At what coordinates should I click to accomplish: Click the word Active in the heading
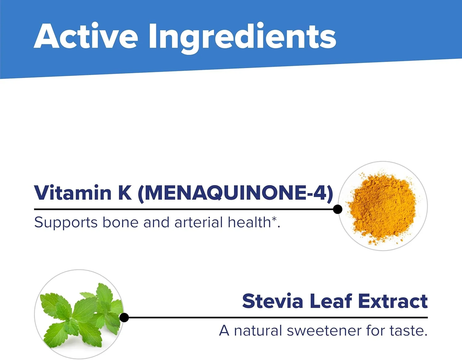click(x=86, y=36)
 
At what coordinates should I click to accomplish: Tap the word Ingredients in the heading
click(x=242, y=38)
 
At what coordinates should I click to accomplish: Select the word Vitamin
click(x=73, y=192)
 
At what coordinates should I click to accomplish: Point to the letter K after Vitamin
click(x=125, y=193)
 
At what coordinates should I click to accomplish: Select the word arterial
click(x=199, y=222)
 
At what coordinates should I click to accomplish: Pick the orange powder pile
click(x=382, y=208)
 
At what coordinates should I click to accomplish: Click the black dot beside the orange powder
click(x=337, y=209)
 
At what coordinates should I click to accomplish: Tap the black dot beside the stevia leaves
click(x=124, y=318)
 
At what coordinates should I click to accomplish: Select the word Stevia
click(x=273, y=301)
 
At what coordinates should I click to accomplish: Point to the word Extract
click(x=393, y=301)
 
